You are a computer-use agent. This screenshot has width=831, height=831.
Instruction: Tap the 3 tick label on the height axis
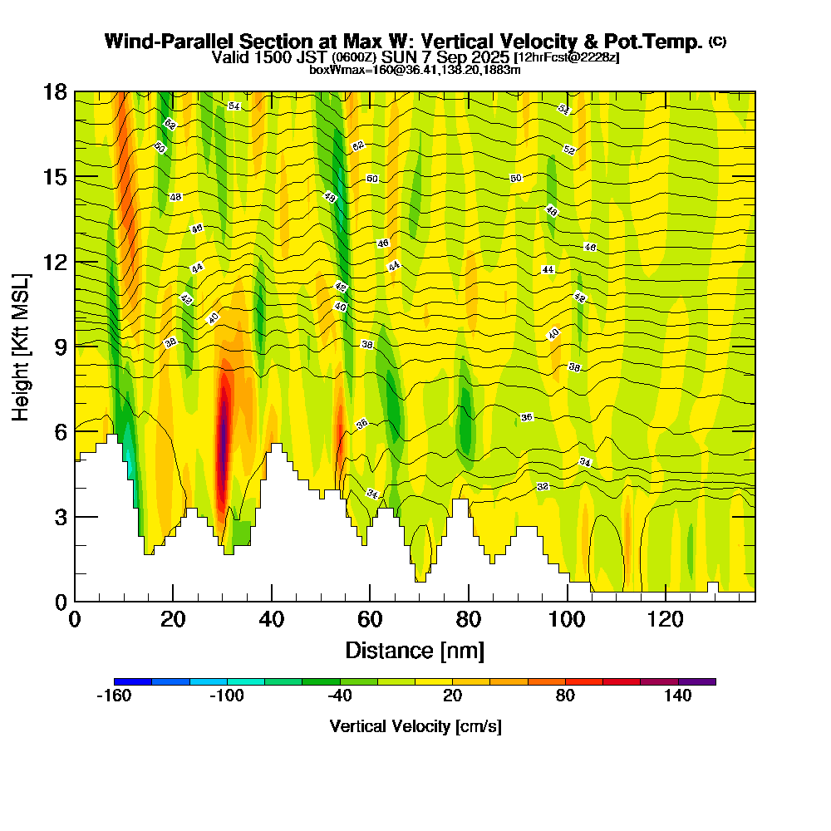(x=60, y=517)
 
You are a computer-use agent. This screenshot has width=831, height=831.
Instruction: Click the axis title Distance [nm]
(x=415, y=650)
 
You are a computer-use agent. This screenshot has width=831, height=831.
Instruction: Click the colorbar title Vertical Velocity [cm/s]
(x=415, y=726)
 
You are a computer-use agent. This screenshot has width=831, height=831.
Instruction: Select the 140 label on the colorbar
(x=678, y=696)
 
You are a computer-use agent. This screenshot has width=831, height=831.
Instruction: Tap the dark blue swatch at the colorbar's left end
(x=133, y=681)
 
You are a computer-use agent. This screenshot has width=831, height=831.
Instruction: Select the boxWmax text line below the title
(x=415, y=70)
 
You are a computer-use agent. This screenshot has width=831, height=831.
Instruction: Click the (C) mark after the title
(x=717, y=42)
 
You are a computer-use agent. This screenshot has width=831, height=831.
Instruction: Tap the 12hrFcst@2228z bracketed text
(x=567, y=57)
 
